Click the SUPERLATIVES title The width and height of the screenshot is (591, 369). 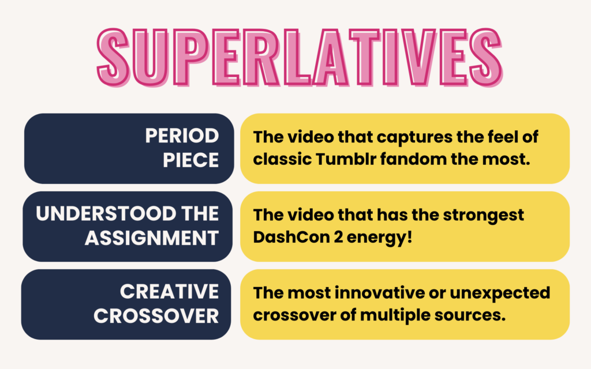point(295,55)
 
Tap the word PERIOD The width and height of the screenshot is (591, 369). point(182,136)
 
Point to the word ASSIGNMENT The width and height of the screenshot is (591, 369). point(152,237)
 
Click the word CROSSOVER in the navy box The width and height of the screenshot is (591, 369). point(156,315)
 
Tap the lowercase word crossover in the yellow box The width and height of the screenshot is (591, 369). point(295,315)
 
